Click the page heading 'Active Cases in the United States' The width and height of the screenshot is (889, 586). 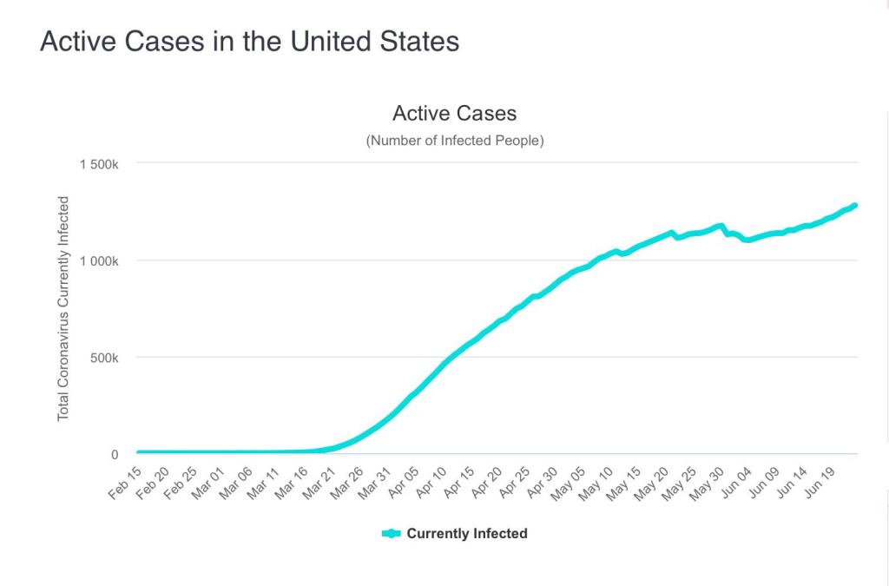coord(249,42)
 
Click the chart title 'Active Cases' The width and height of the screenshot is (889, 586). coord(454,113)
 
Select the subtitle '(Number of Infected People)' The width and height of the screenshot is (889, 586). coord(455,141)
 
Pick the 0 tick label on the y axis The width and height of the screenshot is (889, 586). coord(114,455)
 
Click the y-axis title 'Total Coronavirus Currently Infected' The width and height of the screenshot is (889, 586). coord(63,309)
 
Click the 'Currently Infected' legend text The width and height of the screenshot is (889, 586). coord(466,534)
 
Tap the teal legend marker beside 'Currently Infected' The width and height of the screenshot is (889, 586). coord(392,534)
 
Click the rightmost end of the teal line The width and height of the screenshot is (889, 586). coord(855,206)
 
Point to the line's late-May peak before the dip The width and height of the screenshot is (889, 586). coord(720,226)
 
